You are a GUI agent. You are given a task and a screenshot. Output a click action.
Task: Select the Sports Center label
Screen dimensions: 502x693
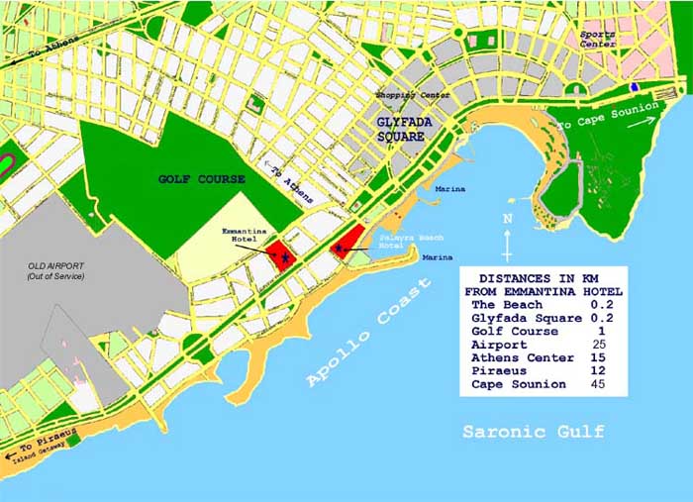[x=598, y=39]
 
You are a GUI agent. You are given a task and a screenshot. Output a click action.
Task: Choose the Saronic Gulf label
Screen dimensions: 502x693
[x=534, y=433]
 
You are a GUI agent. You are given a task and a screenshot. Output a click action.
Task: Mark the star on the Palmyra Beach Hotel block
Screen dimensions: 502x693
[x=341, y=248]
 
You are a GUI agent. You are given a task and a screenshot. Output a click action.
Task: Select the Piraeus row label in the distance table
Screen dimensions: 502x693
[x=500, y=370]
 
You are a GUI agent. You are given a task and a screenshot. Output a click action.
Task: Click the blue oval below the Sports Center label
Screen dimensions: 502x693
[x=634, y=87]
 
